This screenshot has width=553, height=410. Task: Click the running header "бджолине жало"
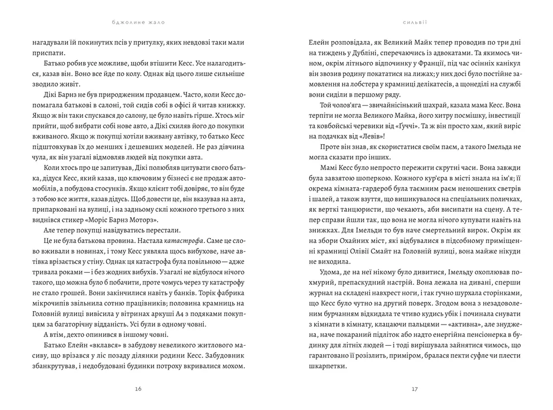(138, 23)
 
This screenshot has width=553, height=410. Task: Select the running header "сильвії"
(414, 23)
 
